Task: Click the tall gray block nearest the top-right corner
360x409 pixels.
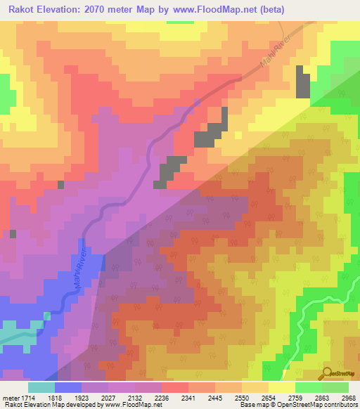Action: click(x=302, y=82)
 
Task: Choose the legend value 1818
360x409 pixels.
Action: click(x=67, y=397)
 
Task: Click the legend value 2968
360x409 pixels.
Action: click(x=349, y=397)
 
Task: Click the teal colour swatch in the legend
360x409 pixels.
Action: click(x=41, y=387)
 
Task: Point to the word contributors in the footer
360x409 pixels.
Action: click(x=342, y=405)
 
